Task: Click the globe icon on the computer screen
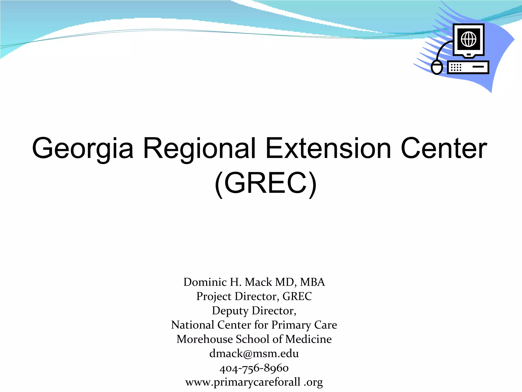[x=468, y=39]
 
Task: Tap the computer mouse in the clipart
[x=437, y=67]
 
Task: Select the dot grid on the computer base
[x=456, y=67]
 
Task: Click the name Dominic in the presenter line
[x=205, y=282]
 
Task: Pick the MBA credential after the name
[x=312, y=282]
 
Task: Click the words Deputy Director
[x=254, y=311]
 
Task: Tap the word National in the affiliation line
[x=192, y=325]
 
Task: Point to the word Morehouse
[x=205, y=339]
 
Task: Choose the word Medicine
[x=308, y=339]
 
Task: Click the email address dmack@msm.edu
[x=254, y=354]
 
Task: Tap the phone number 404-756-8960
[x=254, y=368]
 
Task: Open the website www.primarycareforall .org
[x=254, y=382]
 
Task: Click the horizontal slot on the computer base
[x=478, y=67]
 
